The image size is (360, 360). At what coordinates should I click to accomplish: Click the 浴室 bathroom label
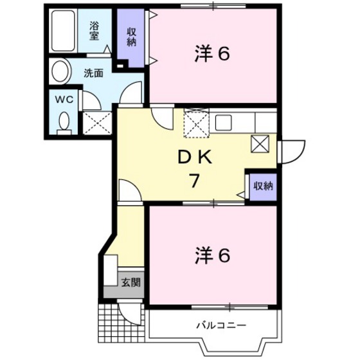coord(94,30)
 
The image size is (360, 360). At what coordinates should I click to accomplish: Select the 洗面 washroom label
coord(94,73)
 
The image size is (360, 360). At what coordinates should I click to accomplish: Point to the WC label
coord(62,100)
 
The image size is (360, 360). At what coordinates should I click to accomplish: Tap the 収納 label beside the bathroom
coord(131,37)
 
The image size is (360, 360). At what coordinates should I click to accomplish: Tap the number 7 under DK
coord(192,181)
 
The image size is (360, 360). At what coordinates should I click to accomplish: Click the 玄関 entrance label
coord(130,283)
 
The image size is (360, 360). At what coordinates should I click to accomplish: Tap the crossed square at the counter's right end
coord(261,144)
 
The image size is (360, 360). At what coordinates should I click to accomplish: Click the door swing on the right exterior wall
coord(287,152)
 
